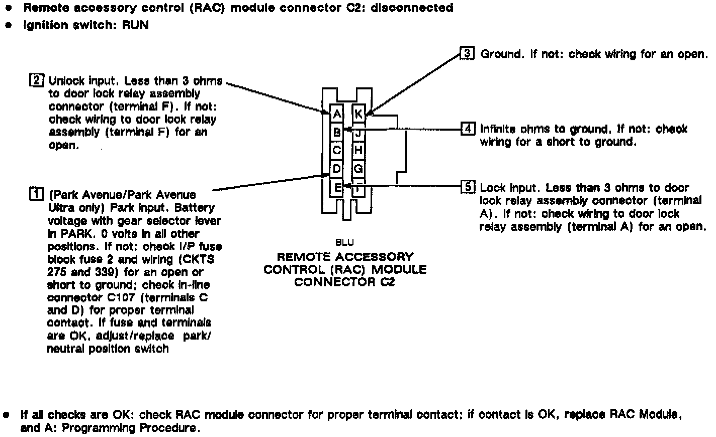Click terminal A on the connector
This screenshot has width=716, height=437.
337,114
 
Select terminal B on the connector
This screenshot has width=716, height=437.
337,132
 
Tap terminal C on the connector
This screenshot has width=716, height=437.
337,150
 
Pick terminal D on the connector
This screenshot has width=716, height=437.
337,168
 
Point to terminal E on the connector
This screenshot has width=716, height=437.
337,187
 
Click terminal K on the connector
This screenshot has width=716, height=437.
358,114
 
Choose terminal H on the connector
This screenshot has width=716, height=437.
358,150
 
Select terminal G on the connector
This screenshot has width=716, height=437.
358,168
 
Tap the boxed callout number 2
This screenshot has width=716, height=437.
37,80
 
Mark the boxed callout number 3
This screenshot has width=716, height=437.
467,53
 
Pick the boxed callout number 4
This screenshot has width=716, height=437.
468,129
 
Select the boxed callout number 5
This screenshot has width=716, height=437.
468,187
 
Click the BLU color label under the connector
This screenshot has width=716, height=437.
344,243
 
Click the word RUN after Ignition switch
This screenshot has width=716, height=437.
135,25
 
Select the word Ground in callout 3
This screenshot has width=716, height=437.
501,54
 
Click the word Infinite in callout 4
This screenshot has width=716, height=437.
497,129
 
